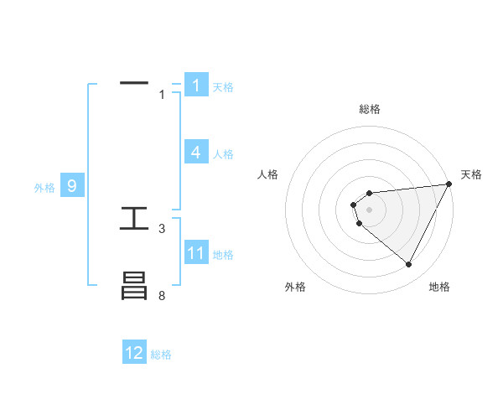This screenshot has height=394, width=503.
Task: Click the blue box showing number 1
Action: pyautogui.click(x=195, y=86)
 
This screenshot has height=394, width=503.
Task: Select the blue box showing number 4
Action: pyautogui.click(x=195, y=153)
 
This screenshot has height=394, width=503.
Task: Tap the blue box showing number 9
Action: pyautogui.click(x=71, y=186)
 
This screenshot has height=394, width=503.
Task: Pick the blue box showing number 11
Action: pyautogui.click(x=195, y=253)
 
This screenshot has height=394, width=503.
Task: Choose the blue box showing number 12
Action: pyautogui.click(x=134, y=353)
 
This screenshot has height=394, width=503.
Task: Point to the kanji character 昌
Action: pyautogui.click(x=134, y=287)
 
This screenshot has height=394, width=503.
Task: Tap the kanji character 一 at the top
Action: pyautogui.click(x=134, y=84)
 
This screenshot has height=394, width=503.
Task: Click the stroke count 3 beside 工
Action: pyautogui.click(x=162, y=228)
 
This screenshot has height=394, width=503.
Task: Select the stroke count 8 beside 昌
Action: pyautogui.click(x=162, y=296)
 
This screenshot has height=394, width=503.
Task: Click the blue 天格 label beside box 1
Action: pyautogui.click(x=223, y=87)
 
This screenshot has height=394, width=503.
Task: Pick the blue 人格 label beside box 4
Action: pyautogui.click(x=223, y=154)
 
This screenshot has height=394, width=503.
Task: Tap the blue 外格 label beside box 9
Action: pyautogui.click(x=44, y=188)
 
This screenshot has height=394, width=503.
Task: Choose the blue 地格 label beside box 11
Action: pyautogui.click(x=223, y=255)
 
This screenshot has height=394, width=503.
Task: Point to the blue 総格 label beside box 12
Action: pyautogui.click(x=161, y=355)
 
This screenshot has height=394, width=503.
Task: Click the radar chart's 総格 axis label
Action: pyautogui.click(x=370, y=109)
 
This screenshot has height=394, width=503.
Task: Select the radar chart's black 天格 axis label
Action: pyautogui.click(x=471, y=174)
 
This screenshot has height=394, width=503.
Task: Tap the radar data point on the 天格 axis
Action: pyautogui.click(x=449, y=184)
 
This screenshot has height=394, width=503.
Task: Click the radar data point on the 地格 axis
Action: pyautogui.click(x=409, y=264)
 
